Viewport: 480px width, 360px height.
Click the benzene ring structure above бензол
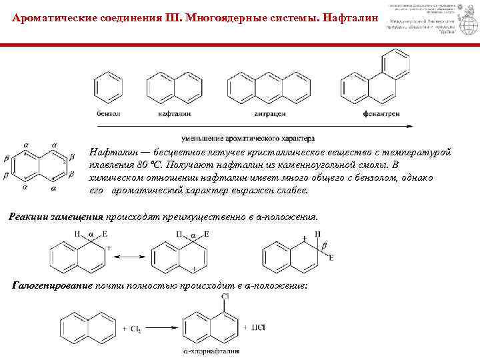[x=106, y=88]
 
